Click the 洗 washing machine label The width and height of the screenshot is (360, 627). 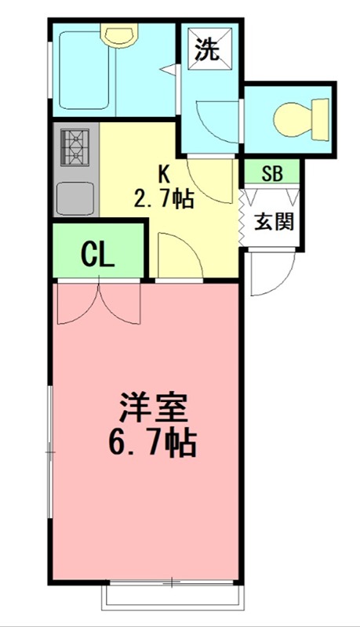(206, 51)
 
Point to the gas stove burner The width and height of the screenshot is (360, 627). (76, 145)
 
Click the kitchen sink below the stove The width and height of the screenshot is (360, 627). (76, 194)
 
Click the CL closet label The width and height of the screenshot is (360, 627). (99, 253)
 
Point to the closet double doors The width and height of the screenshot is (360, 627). (99, 302)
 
